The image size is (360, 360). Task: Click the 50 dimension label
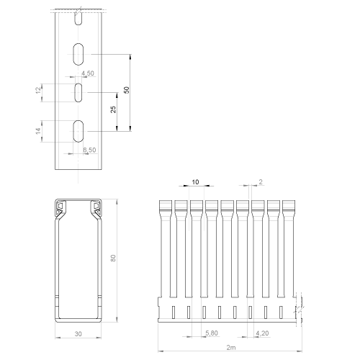127,90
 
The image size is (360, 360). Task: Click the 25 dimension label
113,109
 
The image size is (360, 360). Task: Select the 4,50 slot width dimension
88,73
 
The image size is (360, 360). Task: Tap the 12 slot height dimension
38,90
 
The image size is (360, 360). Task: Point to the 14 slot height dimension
38,131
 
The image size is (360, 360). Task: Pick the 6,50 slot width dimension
89,150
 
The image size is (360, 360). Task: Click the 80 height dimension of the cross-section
113,258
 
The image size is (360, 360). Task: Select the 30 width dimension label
78,334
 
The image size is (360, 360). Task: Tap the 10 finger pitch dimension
195,182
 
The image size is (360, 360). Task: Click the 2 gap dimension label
261,182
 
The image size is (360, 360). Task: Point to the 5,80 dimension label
212,333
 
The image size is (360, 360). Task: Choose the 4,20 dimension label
262,333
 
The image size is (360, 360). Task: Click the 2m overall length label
231,347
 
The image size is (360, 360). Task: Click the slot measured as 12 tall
78,93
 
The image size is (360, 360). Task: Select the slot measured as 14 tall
78,131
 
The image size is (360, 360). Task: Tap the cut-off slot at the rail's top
78,18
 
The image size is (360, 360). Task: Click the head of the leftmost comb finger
166,206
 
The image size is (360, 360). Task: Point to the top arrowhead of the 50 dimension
130,57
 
